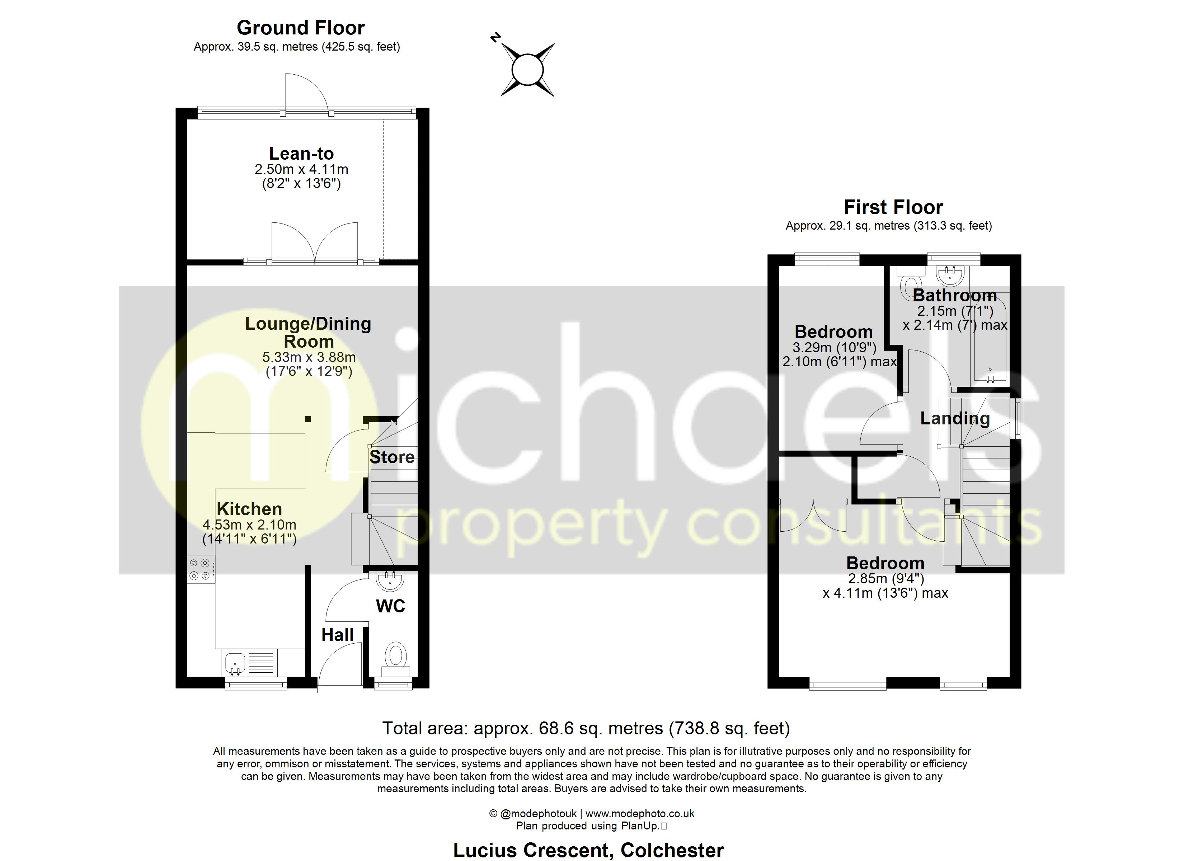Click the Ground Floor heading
300,28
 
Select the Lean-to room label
301,154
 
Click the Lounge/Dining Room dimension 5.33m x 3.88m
309,358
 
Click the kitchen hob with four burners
201,569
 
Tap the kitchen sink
235,663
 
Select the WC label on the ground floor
390,606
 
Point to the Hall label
337,635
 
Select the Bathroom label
955,296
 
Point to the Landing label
955,418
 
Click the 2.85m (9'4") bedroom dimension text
885,579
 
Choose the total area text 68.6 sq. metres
586,728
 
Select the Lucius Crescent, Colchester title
588,850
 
